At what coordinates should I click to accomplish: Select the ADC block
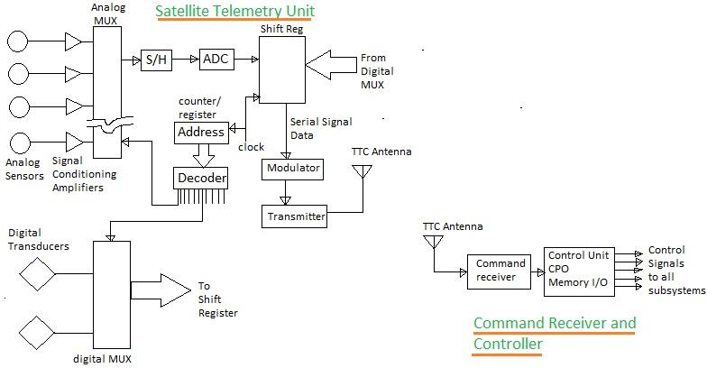(216, 60)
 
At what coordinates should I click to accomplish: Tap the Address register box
(200, 133)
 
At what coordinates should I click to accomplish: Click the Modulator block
(292, 169)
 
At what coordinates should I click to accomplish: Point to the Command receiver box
(494, 271)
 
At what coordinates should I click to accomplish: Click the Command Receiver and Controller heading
(554, 333)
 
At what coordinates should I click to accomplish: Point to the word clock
(251, 147)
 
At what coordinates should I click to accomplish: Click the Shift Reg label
(278, 29)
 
